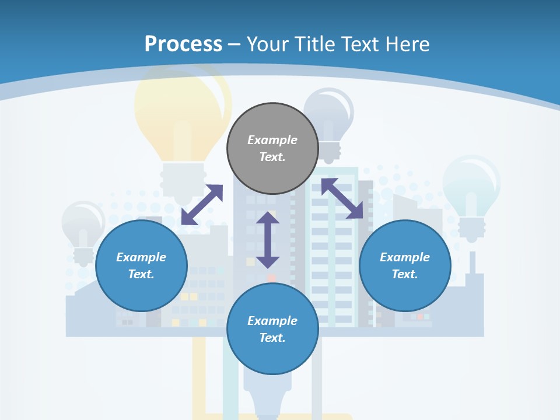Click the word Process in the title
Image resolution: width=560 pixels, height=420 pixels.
183,44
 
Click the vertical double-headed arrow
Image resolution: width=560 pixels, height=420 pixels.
268,240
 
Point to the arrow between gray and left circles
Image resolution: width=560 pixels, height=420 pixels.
202,205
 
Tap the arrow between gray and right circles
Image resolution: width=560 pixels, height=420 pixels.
342,198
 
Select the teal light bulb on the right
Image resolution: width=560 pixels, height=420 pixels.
471,184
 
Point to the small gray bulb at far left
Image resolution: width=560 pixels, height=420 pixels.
83,225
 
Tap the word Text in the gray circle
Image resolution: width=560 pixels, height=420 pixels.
272,157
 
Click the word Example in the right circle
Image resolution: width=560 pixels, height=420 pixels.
405,257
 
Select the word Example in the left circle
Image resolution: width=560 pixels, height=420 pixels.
141,257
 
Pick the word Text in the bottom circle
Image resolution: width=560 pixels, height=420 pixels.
272,338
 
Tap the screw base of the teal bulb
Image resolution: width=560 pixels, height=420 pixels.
472,228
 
